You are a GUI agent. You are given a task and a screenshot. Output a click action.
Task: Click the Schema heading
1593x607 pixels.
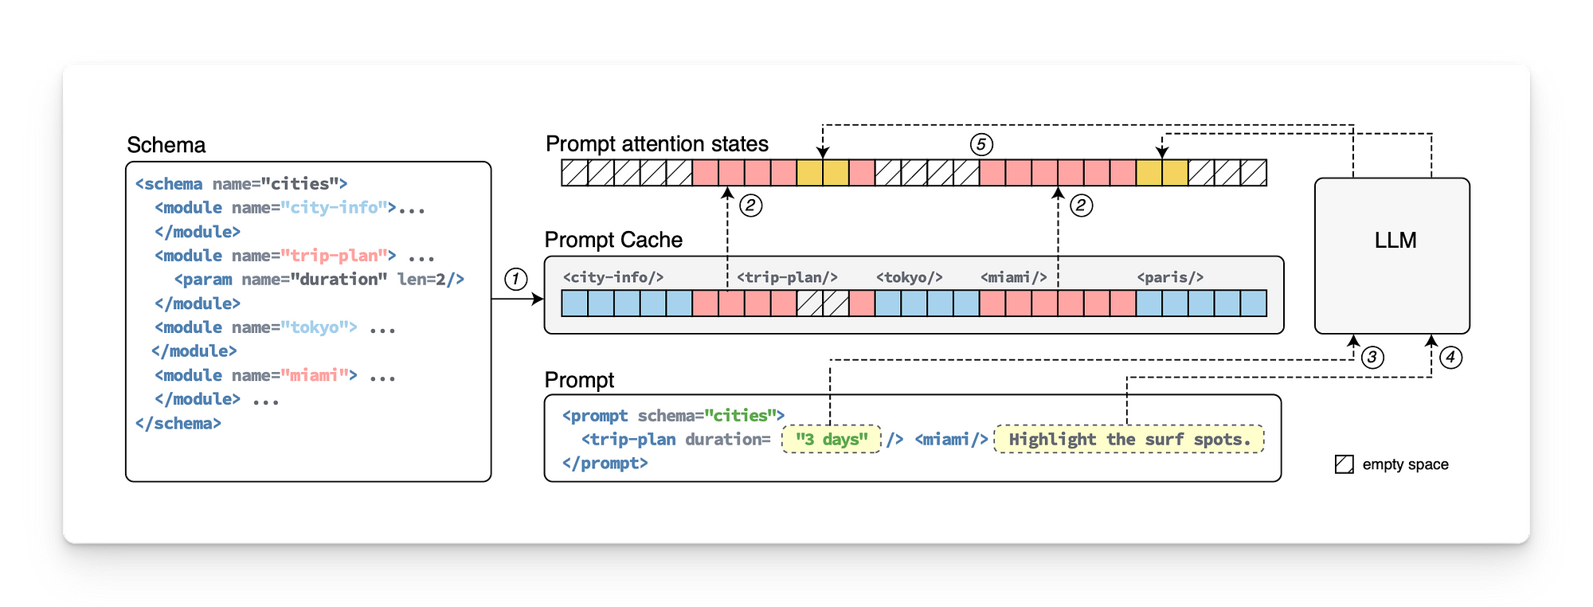(166, 145)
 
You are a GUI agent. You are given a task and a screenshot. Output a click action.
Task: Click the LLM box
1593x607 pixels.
(1391, 255)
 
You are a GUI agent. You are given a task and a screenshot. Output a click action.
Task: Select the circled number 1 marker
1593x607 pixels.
(516, 280)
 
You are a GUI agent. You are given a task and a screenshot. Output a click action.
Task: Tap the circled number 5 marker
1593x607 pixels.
(981, 145)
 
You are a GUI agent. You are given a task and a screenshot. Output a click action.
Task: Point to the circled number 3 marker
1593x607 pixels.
(1372, 358)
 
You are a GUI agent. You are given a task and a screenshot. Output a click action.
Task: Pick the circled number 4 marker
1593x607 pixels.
(1450, 358)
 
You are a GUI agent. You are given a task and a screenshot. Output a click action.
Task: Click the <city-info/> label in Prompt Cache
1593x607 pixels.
(613, 277)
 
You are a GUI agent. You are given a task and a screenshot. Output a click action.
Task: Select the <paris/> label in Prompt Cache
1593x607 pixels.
(1169, 277)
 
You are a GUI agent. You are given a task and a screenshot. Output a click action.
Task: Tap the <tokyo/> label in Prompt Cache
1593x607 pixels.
(909, 277)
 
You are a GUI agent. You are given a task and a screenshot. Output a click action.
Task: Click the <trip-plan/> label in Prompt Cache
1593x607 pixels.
(787, 277)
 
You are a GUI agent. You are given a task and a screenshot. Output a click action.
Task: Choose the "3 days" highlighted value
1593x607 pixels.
(832, 440)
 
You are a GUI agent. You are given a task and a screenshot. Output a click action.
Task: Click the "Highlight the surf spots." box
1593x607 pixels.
(1129, 440)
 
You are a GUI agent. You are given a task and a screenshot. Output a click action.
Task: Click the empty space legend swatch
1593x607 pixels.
(1344, 464)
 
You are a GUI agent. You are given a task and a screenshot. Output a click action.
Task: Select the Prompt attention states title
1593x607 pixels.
(656, 144)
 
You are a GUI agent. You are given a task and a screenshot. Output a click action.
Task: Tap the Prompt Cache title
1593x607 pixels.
(613, 240)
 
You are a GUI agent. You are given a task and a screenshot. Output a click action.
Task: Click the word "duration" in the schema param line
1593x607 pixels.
(338, 280)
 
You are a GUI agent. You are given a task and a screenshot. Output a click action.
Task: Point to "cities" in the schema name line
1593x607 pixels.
(300, 184)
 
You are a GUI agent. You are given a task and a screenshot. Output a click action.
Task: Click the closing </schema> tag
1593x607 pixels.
(178, 424)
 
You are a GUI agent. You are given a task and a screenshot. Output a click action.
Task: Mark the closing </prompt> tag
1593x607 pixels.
(605, 464)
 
